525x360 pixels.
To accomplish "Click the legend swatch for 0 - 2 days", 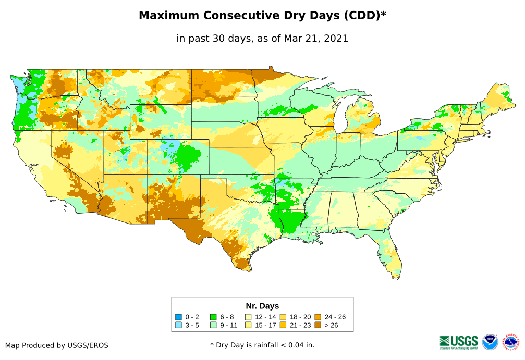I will (178, 317).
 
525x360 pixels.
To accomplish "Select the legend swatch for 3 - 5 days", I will (178, 326).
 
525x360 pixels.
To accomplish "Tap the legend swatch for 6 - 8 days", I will (213, 317).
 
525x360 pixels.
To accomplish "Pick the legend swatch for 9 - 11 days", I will (213, 326).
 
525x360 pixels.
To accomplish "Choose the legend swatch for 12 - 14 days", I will (249, 317).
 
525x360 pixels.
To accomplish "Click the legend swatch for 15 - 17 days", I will (249, 326).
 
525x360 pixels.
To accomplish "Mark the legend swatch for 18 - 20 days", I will (284, 317).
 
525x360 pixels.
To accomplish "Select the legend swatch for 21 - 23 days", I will (284, 326).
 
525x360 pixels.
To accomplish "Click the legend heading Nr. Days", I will (262, 306).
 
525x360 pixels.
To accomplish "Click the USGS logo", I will (459, 342).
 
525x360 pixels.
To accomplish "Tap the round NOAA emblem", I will (490, 342).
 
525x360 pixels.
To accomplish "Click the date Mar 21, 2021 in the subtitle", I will (316, 38).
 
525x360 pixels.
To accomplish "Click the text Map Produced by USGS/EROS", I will (57, 345).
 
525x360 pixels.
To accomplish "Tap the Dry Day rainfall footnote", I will (262, 345).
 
